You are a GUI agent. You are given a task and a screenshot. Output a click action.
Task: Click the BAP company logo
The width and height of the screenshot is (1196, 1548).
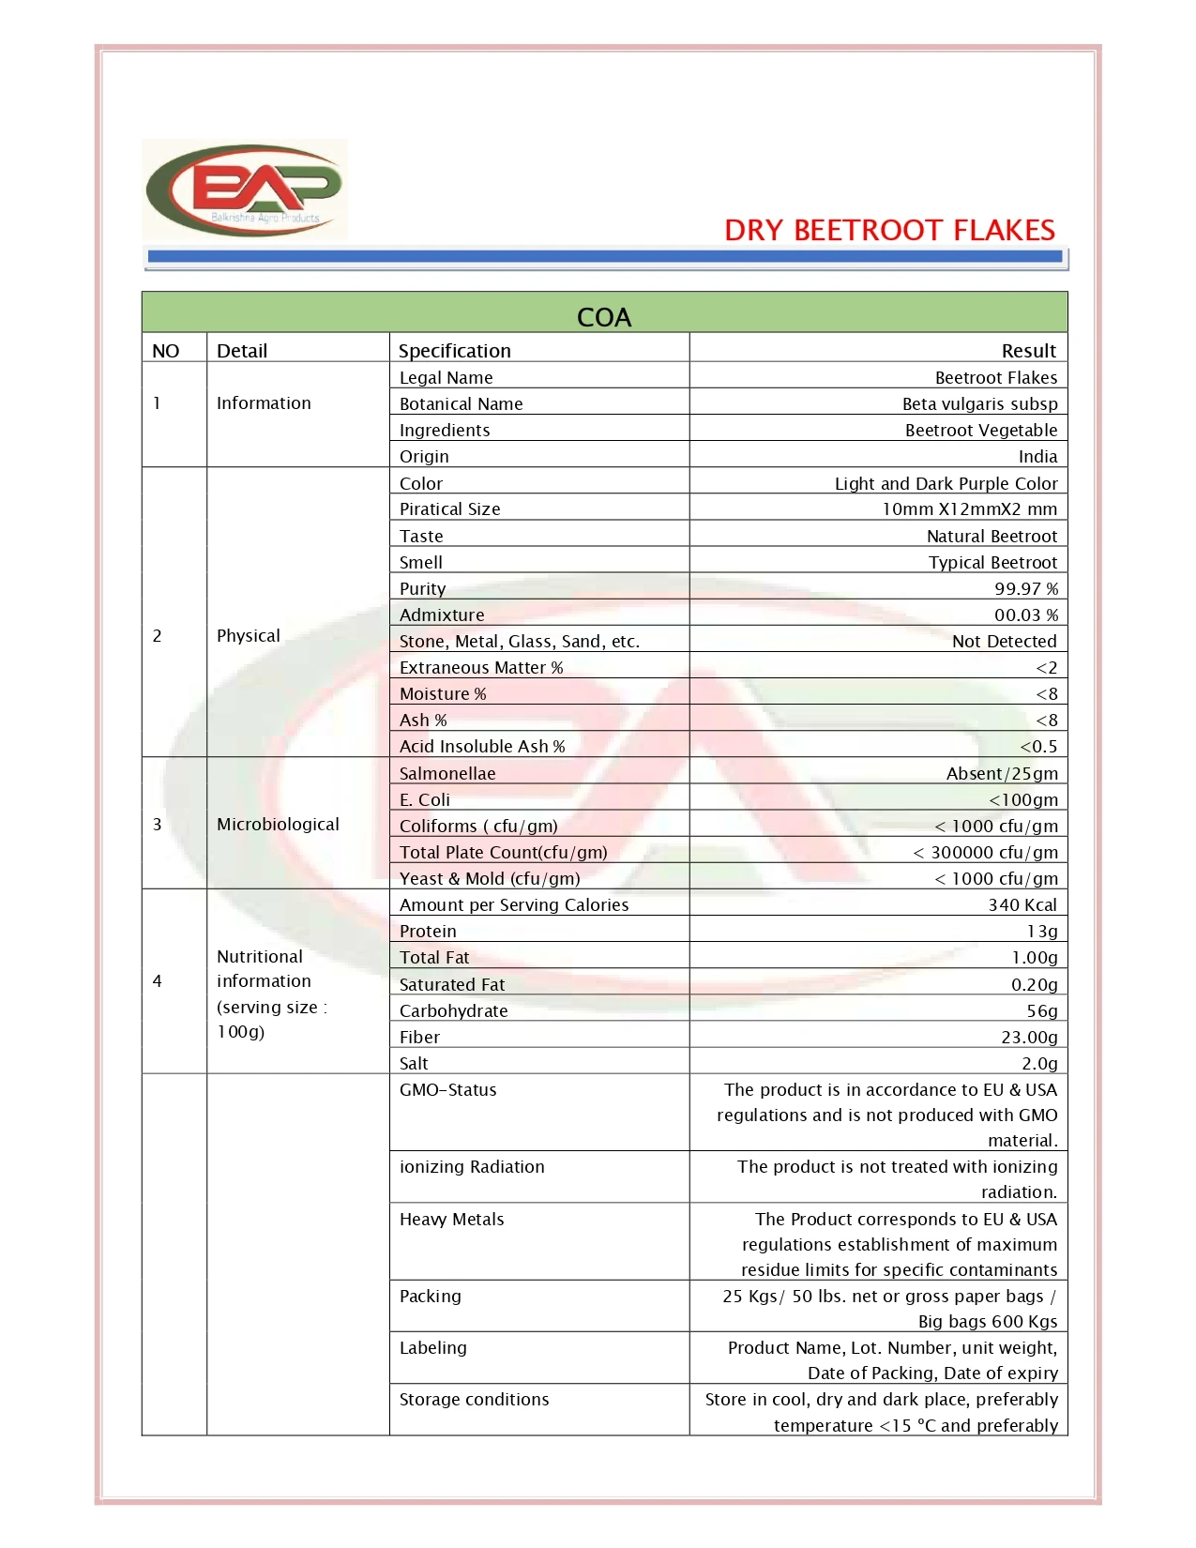(245, 190)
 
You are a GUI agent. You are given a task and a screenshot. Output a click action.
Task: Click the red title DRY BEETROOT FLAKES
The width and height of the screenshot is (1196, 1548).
(889, 231)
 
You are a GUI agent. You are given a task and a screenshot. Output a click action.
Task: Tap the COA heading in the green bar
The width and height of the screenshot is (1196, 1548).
(604, 317)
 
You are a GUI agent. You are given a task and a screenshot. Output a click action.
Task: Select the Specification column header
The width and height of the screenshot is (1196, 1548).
(455, 351)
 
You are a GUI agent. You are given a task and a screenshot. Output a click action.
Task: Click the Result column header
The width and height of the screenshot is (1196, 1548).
(1028, 351)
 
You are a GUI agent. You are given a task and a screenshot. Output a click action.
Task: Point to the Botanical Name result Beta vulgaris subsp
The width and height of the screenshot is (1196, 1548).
(979, 403)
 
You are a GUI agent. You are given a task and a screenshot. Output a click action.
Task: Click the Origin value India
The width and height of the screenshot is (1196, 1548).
(1037, 457)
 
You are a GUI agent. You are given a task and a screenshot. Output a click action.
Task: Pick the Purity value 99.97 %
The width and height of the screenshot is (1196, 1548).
(1026, 589)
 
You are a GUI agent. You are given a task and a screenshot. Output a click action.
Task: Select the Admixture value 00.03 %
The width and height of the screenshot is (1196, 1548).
(1026, 615)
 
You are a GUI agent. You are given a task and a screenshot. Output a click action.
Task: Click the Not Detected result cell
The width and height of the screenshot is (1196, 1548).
(1004, 642)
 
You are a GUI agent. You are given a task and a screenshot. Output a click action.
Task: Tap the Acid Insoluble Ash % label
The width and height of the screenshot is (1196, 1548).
(482, 747)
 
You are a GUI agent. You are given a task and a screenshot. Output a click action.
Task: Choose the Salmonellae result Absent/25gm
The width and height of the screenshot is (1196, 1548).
(1002, 774)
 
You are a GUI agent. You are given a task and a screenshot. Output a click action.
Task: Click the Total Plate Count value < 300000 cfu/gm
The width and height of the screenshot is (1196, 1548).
(985, 853)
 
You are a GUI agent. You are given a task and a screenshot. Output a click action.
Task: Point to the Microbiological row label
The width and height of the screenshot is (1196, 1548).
(278, 825)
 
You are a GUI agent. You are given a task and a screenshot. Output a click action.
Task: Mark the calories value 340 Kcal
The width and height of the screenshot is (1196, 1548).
(1022, 905)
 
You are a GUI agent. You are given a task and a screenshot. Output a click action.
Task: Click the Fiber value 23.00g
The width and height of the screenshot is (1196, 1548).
(1029, 1038)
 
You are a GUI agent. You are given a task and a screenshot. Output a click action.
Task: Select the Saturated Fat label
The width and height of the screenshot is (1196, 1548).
(452, 985)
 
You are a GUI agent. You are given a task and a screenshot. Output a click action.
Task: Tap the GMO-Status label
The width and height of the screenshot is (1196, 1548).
(448, 1090)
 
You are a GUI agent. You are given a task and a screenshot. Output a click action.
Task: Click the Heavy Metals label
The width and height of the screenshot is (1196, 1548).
(452, 1220)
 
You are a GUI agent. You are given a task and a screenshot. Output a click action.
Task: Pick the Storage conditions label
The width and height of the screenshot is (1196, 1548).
(475, 1400)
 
